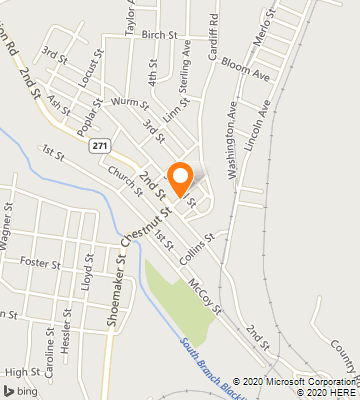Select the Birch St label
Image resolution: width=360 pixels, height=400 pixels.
(x=159, y=34)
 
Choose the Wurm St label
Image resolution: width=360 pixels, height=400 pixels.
(x=130, y=102)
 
